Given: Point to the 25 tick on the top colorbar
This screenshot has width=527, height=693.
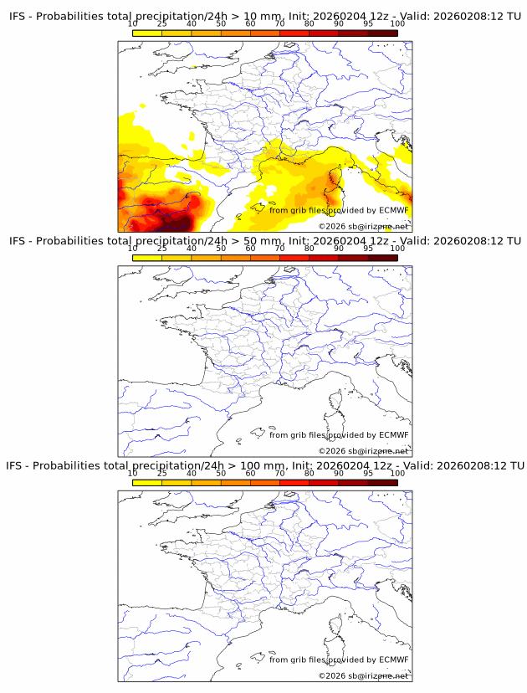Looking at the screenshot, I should coord(161,24).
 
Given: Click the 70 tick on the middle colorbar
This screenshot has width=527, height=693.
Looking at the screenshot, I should coord(280,249).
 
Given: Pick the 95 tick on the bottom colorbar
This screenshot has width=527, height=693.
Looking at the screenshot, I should coord(368,473).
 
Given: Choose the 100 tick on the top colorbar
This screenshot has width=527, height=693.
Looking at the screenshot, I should coord(397,24).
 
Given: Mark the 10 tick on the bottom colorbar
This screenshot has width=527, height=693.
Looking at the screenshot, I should coord(132,473).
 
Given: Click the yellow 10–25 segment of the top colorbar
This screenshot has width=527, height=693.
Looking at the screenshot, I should coord(146,33).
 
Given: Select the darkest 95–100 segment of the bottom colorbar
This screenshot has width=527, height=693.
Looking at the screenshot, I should coord(382,483).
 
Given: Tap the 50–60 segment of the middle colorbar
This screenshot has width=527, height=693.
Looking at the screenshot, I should coord(235,258).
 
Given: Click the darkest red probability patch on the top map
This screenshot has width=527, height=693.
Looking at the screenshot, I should coord(177,223).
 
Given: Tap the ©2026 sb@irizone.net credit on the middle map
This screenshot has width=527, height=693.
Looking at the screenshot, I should coord(363,451).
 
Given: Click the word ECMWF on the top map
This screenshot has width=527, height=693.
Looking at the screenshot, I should coord(393,210).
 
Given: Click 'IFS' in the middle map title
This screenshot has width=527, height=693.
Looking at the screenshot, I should coord(18,241).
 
